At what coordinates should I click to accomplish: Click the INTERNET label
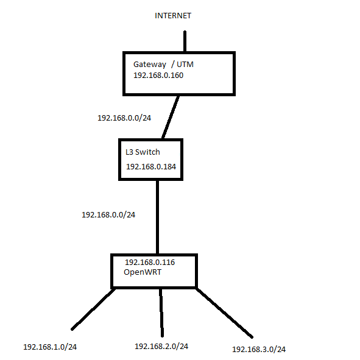tap(173, 16)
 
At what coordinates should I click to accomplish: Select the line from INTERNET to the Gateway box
tap(185, 41)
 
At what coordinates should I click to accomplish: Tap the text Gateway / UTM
tap(163, 65)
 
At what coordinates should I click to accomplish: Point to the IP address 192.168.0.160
tap(158, 76)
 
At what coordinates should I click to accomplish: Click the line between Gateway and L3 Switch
tap(171, 117)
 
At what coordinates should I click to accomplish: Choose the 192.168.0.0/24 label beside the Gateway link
tap(124, 118)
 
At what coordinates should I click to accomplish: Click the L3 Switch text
tap(143, 152)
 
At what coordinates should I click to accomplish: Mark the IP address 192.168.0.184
tap(151, 167)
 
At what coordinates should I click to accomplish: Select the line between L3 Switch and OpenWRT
tap(158, 217)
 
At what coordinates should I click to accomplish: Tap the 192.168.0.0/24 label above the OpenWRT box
tap(108, 215)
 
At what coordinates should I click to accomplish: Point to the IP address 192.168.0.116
tap(150, 262)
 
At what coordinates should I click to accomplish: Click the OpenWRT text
tap(143, 272)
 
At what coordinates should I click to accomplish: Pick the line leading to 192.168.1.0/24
tap(93, 309)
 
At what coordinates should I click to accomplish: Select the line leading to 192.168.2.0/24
tap(161, 312)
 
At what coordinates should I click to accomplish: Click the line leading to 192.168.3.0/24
tap(224, 313)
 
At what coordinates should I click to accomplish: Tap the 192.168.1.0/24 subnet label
tap(50, 347)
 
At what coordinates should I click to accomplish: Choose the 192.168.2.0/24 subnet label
tap(161, 347)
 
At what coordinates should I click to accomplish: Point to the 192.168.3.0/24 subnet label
tap(259, 350)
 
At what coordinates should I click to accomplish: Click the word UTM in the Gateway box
tap(185, 65)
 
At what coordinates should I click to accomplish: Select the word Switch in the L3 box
tap(147, 152)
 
